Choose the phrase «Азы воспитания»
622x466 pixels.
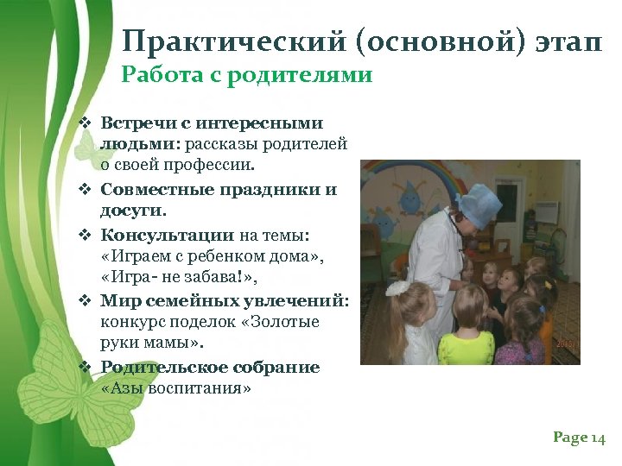click(176, 389)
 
